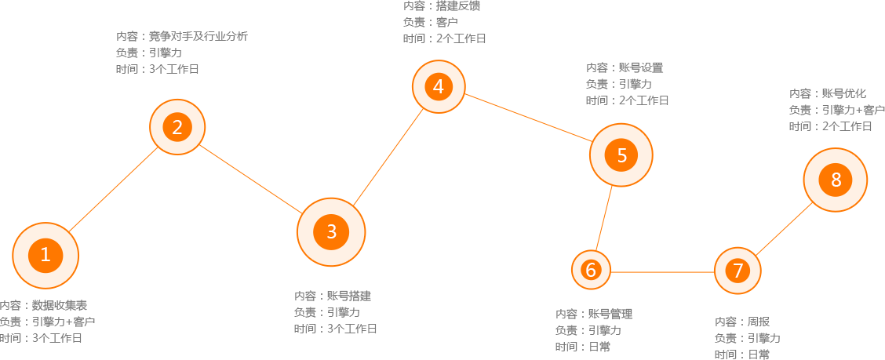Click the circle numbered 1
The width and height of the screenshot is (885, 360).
(46, 254)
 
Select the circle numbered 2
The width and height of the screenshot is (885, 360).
(177, 127)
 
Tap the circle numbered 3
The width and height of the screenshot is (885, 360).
(331, 231)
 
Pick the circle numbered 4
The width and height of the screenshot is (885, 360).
(439, 86)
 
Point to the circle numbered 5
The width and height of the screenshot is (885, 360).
(621, 155)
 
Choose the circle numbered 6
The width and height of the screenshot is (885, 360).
(591, 271)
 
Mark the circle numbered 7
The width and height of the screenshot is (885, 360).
(737, 271)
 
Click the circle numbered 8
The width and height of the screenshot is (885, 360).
(836, 180)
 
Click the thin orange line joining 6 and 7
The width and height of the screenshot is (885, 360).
(663, 271)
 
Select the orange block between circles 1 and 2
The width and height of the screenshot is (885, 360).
(114, 188)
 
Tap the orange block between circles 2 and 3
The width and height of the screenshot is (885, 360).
(250, 178)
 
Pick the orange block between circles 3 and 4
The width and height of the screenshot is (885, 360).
(388, 158)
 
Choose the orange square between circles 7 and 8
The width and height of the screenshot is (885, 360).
(784, 228)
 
